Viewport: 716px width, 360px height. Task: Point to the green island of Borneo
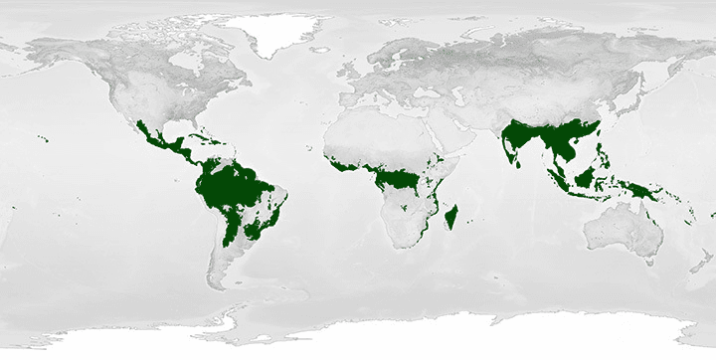(586, 176)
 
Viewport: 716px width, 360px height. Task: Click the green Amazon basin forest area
(234, 184)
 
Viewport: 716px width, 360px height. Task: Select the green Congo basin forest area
(398, 179)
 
